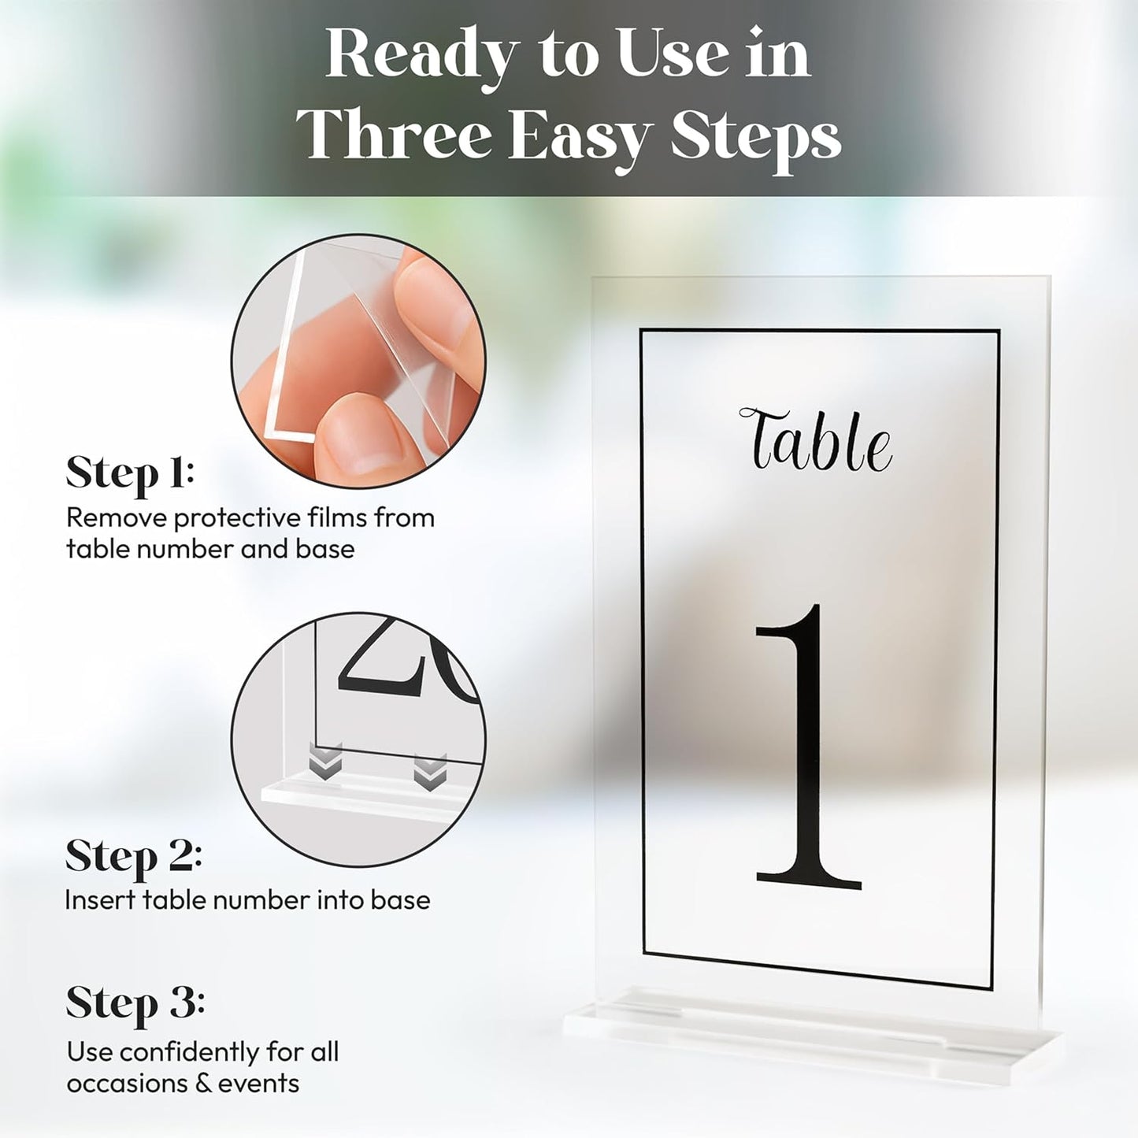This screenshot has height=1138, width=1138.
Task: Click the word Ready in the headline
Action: coord(421,55)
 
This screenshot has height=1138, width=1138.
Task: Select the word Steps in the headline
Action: coord(755,138)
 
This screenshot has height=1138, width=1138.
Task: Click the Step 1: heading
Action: coord(130,473)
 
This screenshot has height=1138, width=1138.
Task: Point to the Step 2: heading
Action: coord(133,856)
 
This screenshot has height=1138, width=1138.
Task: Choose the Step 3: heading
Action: coord(135,1003)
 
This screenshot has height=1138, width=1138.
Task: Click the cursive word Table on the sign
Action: coord(816,440)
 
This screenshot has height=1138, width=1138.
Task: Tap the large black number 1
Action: coord(808,748)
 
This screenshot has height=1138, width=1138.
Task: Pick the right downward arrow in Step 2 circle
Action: coord(430,773)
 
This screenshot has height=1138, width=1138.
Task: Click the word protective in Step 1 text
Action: coord(237,518)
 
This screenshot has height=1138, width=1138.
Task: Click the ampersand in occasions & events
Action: coord(202,1084)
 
